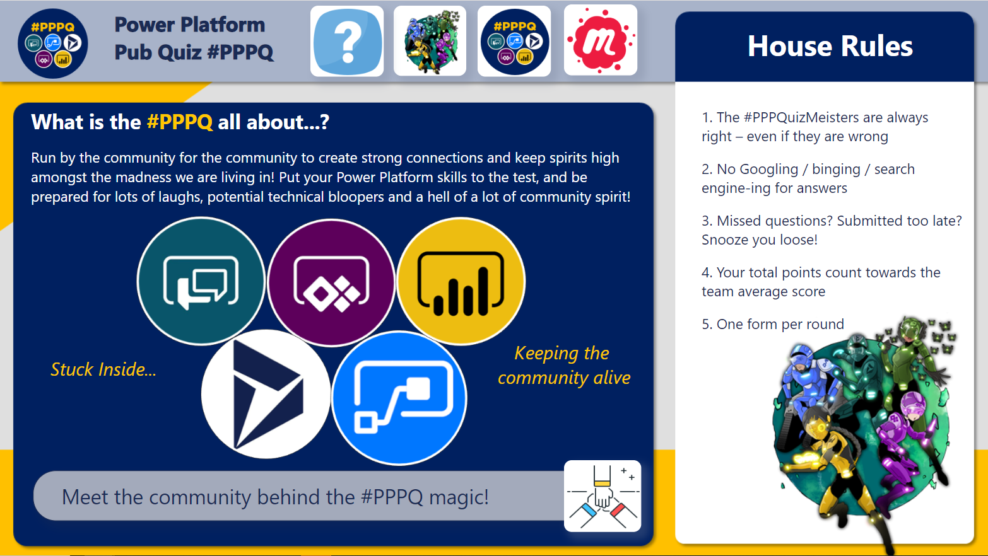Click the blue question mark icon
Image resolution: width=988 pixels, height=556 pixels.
pyautogui.click(x=347, y=42)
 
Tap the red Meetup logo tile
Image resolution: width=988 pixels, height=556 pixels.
pyautogui.click(x=600, y=41)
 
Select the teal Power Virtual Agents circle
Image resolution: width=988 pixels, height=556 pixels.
pyautogui.click(x=201, y=281)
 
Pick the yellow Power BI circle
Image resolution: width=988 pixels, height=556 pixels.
pyautogui.click(x=461, y=281)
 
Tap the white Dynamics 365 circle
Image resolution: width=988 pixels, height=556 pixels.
pyautogui.click(x=266, y=394)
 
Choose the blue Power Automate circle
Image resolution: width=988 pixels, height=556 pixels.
pyautogui.click(x=399, y=398)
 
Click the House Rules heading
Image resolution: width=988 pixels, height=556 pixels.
pyautogui.click(x=830, y=46)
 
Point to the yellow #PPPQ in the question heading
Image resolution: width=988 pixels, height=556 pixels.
pyautogui.click(x=180, y=122)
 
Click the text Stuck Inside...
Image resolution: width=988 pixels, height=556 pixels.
pyautogui.click(x=103, y=369)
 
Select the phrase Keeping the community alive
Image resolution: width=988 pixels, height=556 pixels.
pyautogui.click(x=563, y=365)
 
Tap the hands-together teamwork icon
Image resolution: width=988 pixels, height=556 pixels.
pyautogui.click(x=603, y=496)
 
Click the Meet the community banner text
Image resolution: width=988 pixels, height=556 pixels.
pyautogui.click(x=275, y=497)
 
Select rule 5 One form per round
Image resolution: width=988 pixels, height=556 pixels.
pyautogui.click(x=773, y=324)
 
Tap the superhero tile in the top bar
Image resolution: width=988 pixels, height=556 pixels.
pyautogui.click(x=430, y=42)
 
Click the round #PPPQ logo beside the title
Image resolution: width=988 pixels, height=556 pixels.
pyautogui.click(x=53, y=43)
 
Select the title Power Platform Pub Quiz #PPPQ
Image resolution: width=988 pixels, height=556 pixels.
pyautogui.click(x=194, y=38)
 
